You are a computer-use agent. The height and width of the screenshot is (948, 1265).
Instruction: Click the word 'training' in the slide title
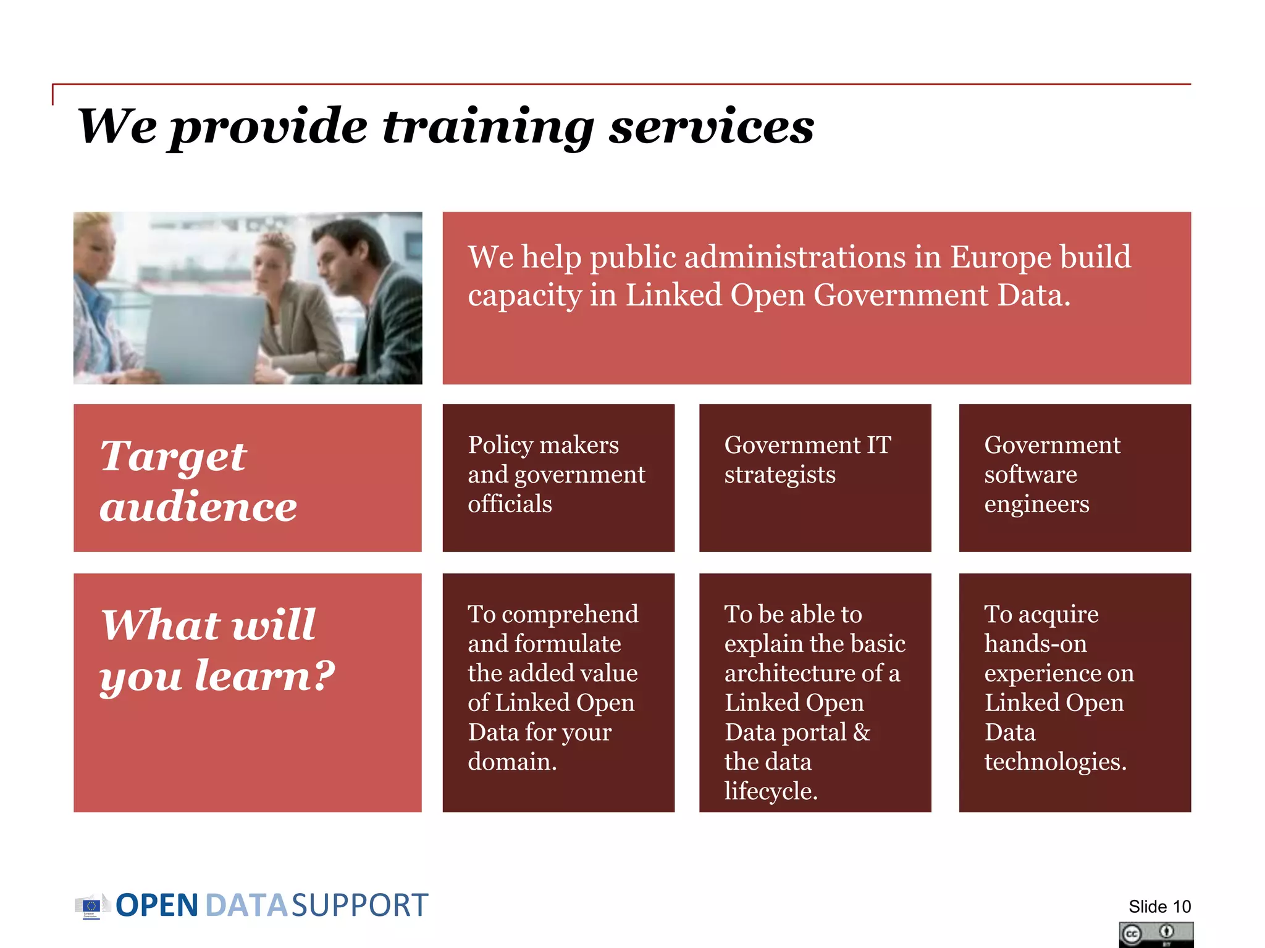[488, 127]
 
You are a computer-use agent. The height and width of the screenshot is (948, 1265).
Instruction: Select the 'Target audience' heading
[198, 480]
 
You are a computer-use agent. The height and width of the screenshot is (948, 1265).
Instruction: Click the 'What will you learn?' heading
[216, 649]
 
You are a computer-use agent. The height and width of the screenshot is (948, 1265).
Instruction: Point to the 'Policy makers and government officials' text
[556, 474]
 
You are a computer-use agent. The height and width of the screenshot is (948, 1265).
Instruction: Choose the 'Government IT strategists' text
[807, 459]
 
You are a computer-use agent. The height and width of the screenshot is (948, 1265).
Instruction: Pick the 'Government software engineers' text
[1052, 474]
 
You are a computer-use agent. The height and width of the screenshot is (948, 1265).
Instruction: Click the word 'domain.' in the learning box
[512, 762]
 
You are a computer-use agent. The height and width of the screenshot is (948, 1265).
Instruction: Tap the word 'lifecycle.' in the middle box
[771, 791]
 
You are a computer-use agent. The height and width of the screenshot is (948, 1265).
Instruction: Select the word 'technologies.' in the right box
[1055, 762]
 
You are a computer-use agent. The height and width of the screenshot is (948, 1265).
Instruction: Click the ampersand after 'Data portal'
[862, 733]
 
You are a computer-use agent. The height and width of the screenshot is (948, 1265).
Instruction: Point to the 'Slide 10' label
[1159, 907]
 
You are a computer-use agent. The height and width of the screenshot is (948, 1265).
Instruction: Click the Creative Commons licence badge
[1156, 934]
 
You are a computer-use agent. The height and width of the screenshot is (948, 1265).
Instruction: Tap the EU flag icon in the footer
[91, 906]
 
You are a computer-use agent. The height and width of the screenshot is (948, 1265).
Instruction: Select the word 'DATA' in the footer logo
[246, 905]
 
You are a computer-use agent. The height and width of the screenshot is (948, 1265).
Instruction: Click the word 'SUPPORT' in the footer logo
[359, 905]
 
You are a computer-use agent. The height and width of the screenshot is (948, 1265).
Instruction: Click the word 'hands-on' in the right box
[1035, 644]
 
